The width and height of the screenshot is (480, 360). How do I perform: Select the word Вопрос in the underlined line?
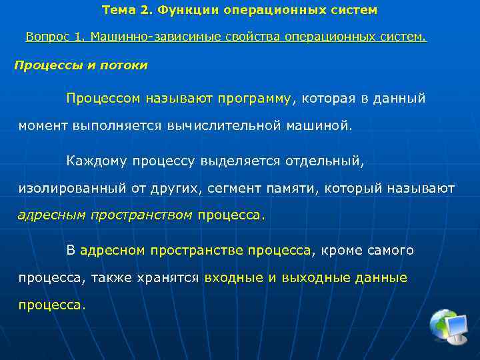click(47, 37)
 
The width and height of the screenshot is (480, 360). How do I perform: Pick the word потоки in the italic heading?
click(126, 65)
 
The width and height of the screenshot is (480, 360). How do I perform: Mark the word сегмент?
click(233, 189)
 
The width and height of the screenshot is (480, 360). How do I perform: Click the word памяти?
click(294, 189)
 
